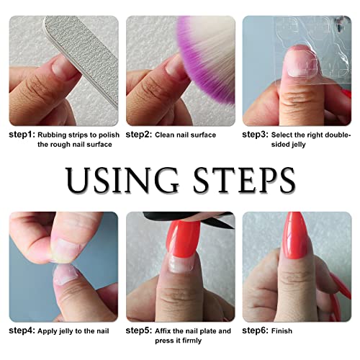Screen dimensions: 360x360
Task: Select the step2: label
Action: click(138, 135)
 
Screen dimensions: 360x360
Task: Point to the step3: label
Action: click(256, 135)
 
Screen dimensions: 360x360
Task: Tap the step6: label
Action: click(256, 331)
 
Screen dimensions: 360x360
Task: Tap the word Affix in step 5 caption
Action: click(165, 331)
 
